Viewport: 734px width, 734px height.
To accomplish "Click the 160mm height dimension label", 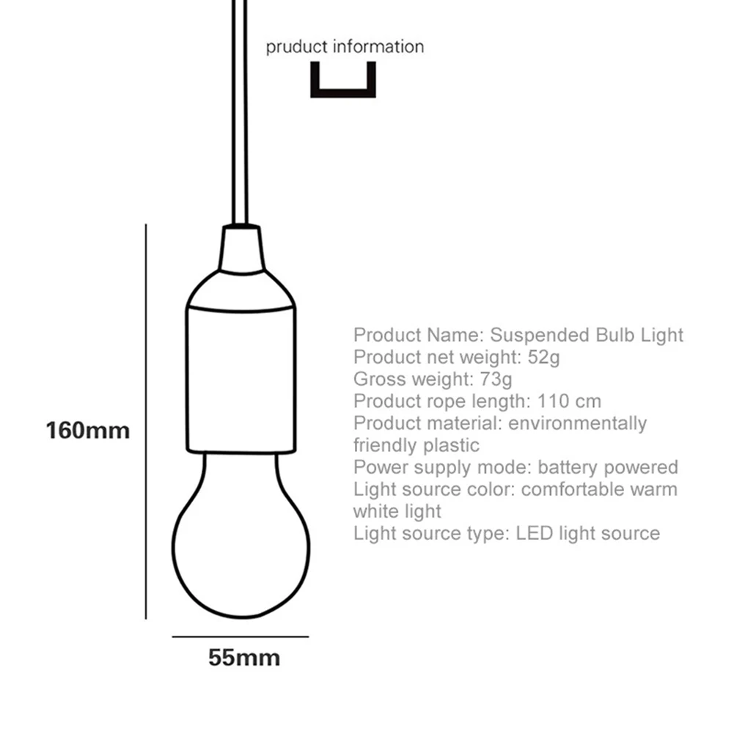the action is point(87,430).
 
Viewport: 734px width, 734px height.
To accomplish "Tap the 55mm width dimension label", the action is point(244,658).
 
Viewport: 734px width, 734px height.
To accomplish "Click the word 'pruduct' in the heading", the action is point(297,48).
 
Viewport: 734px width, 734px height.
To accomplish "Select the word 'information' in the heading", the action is point(378,48).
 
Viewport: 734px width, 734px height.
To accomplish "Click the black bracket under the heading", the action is point(343,92).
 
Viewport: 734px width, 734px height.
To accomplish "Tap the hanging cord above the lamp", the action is point(241,110).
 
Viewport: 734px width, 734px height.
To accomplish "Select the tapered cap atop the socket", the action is point(241,249).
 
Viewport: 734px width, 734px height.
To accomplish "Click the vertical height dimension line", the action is point(147,422).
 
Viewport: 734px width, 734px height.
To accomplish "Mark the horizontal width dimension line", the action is point(240,637).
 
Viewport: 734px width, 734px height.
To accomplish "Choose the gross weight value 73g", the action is point(496,380).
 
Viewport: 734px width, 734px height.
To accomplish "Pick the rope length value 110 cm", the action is point(569,402).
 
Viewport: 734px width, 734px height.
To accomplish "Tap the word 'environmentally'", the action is point(578,424).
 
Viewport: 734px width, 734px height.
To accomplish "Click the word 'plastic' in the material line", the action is point(451,446).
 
